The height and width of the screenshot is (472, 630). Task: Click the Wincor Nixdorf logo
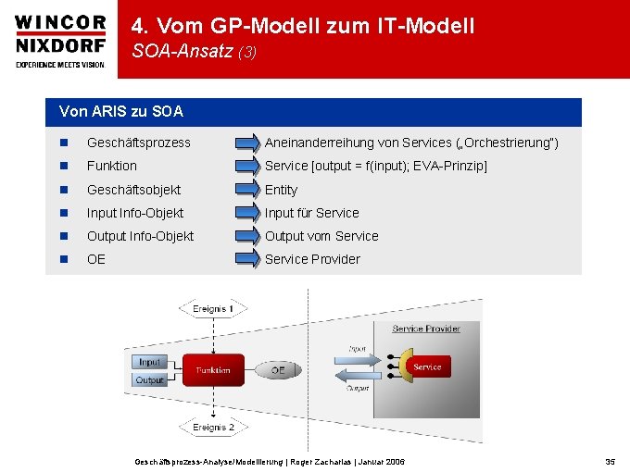[x=59, y=39]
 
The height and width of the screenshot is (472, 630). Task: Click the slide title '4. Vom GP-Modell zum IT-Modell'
[x=303, y=26]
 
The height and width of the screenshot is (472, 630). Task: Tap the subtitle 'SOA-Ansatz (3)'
[x=194, y=53]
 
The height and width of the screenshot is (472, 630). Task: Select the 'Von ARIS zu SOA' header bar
[x=315, y=112]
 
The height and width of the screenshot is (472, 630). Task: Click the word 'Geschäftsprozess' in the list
[x=138, y=143]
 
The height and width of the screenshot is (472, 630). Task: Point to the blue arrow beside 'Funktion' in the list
[x=247, y=167]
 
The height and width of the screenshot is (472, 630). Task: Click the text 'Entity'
[x=281, y=190]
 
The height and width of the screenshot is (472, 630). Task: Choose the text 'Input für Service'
[x=311, y=213]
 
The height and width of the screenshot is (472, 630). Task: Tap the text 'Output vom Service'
[x=321, y=236]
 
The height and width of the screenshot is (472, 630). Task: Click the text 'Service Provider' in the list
[x=312, y=259]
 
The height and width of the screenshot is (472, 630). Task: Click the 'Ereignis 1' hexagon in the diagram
[x=213, y=308]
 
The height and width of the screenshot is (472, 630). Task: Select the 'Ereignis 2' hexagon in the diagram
[x=213, y=428]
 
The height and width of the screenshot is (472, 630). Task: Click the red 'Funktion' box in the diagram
[x=213, y=370]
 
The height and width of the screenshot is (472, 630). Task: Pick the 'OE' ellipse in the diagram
[x=278, y=370]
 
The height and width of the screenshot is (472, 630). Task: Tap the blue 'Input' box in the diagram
[x=149, y=362]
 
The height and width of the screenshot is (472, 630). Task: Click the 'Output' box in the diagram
[x=149, y=379]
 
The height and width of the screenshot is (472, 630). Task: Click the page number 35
[x=610, y=461]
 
